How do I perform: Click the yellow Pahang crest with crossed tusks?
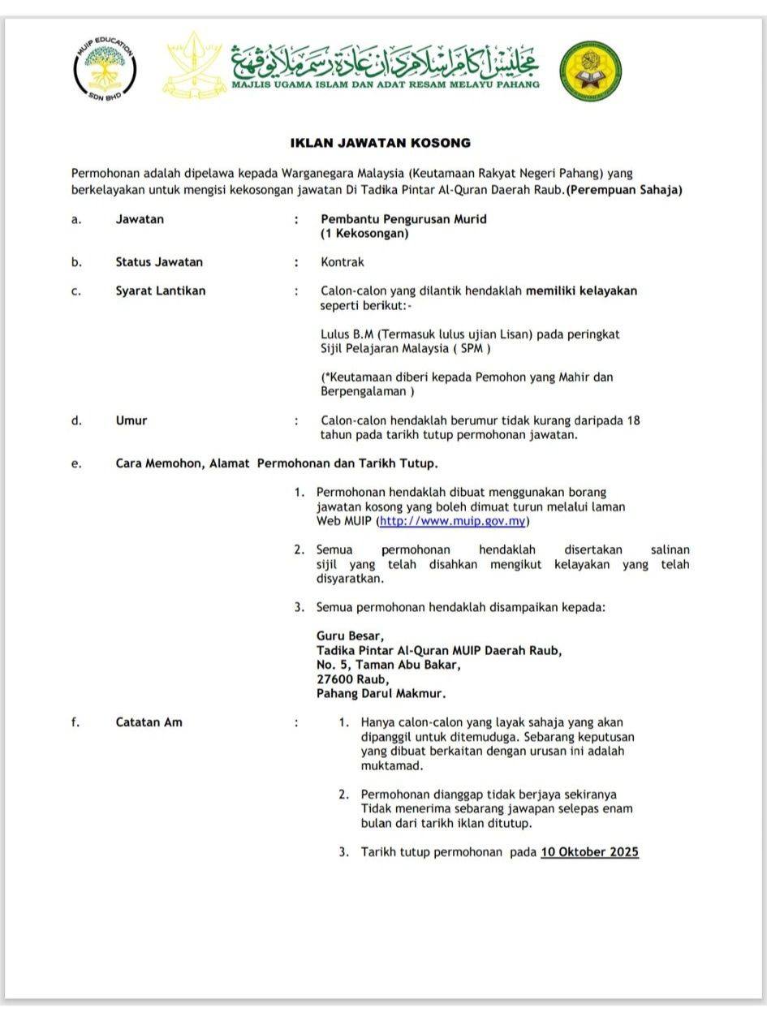(194, 67)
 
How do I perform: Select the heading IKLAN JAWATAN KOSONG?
(381, 143)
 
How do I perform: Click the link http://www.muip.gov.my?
(453, 521)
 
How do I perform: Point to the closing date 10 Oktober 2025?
(589, 852)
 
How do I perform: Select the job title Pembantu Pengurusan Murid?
(403, 219)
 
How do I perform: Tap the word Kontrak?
(343, 262)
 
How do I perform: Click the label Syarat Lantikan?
(161, 291)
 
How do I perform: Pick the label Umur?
(131, 420)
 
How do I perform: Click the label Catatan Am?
(149, 722)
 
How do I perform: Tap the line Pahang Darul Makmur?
(381, 694)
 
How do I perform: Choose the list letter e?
(76, 463)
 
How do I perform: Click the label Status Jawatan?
(159, 262)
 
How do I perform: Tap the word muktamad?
(392, 765)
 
